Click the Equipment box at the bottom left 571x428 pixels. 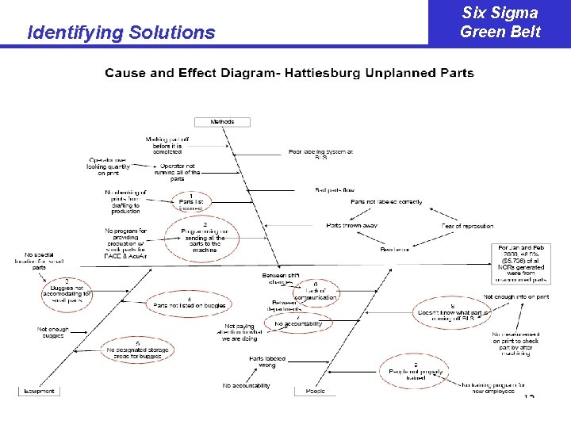click(x=39, y=391)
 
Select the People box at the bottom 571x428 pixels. click(x=316, y=391)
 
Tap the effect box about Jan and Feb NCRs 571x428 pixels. click(x=523, y=264)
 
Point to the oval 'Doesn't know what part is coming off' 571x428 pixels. click(x=451, y=311)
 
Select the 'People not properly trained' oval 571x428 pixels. click(x=415, y=372)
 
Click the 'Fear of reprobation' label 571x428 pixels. click(x=468, y=226)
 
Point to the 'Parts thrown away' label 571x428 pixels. click(x=353, y=226)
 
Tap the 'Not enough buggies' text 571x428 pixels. click(x=53, y=332)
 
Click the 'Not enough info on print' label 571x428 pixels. click(x=515, y=296)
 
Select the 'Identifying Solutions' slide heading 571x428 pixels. click(x=121, y=32)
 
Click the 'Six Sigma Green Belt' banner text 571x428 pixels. click(x=500, y=22)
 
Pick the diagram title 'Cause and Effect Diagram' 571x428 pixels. click(x=289, y=73)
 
